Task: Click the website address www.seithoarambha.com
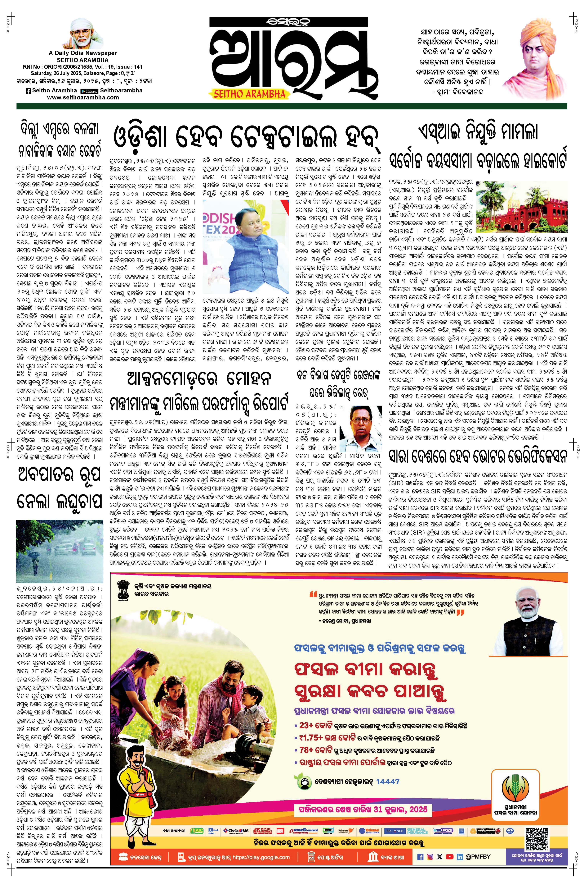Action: coord(83,97)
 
